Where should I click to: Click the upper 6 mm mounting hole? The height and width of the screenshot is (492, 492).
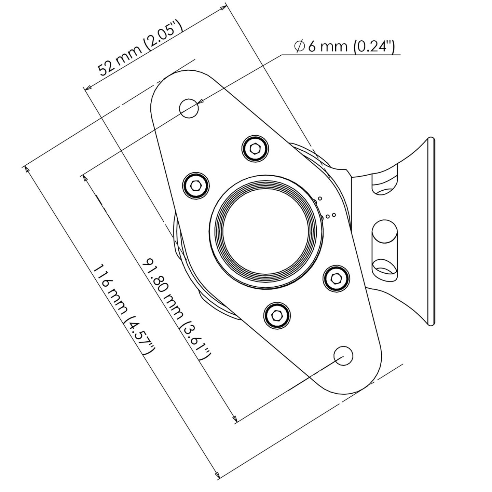point(189,108)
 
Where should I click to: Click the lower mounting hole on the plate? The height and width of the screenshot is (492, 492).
point(343,356)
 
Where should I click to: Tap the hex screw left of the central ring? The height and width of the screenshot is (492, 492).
point(196,186)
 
